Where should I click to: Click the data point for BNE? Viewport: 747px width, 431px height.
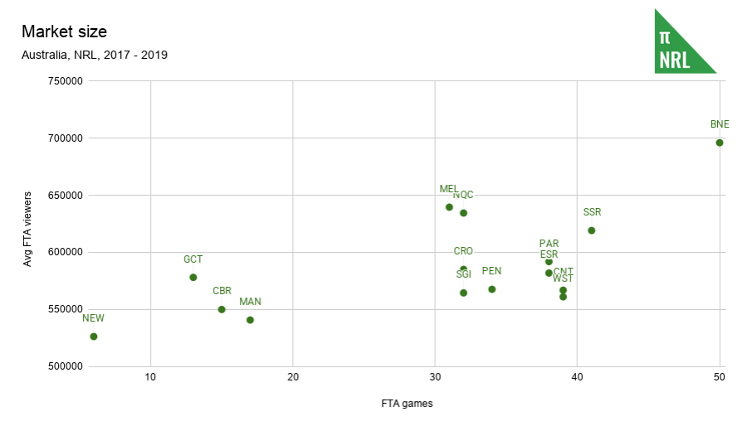coord(720,143)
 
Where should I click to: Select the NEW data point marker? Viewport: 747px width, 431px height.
coord(94,337)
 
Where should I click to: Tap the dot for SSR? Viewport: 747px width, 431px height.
coord(592,230)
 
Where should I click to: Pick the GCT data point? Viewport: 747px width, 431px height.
coord(193,278)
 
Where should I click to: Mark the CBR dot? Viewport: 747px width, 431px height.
coord(222,309)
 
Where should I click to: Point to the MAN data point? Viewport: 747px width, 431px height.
coord(250,320)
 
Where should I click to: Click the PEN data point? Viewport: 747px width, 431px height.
coord(492,289)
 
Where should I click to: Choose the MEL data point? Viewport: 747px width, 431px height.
coord(449,207)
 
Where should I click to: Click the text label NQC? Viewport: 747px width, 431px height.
coord(463,195)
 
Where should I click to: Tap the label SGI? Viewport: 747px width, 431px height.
coord(463,274)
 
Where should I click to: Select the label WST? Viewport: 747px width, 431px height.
coord(563,278)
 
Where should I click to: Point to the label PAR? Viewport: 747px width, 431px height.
coord(549,244)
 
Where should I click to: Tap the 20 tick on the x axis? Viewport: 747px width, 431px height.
coord(293,377)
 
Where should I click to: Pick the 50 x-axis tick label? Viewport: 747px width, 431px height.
coord(720,377)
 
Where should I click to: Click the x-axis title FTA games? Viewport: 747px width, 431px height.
coord(408,404)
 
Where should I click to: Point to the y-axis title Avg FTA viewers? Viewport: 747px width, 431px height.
coord(27,224)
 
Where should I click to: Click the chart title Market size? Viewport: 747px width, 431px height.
coord(64,31)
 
